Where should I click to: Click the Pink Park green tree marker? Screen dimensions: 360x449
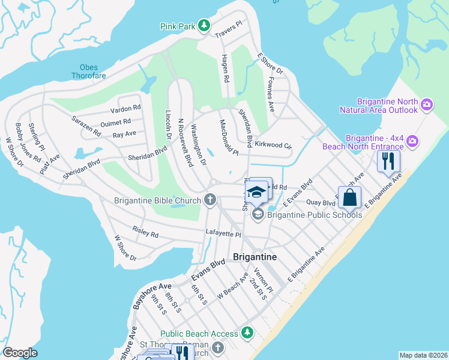pyautogui.click(x=205, y=25)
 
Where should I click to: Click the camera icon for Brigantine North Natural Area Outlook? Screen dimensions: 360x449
pyautogui.click(x=427, y=105)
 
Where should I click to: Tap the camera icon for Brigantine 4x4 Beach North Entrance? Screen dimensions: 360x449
pyautogui.click(x=412, y=142)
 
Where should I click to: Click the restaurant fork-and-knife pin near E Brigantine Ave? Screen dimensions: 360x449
pyautogui.click(x=388, y=160)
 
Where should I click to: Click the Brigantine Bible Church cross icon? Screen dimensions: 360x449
pyautogui.click(x=209, y=200)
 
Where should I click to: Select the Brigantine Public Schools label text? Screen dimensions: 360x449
pyautogui.click(x=315, y=215)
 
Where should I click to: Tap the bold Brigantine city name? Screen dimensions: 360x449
pyautogui.click(x=255, y=256)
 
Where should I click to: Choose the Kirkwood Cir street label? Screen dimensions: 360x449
pyautogui.click(x=273, y=145)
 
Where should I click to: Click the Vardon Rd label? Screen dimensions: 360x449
pyautogui.click(x=125, y=109)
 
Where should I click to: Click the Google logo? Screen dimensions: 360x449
pyautogui.click(x=20, y=353)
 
